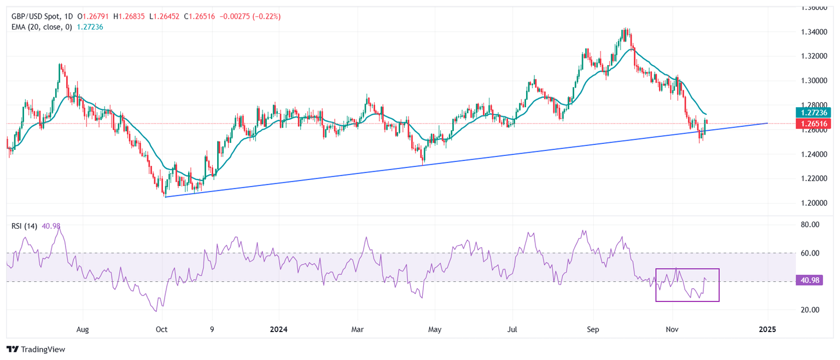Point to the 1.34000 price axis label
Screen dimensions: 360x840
tap(814, 32)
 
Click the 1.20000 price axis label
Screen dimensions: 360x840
tap(814, 203)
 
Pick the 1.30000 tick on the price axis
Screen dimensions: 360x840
tap(814, 81)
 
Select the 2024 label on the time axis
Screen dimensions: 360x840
tap(278, 330)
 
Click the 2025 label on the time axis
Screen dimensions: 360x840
tap(767, 330)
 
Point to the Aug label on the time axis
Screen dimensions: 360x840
tap(83, 330)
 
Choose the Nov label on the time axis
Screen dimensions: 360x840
tap(673, 330)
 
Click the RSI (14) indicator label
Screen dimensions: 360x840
tap(24, 227)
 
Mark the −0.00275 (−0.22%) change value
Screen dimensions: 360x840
tap(250, 17)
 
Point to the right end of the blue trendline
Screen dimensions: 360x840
tap(767, 123)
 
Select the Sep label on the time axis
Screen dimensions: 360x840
tap(593, 330)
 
